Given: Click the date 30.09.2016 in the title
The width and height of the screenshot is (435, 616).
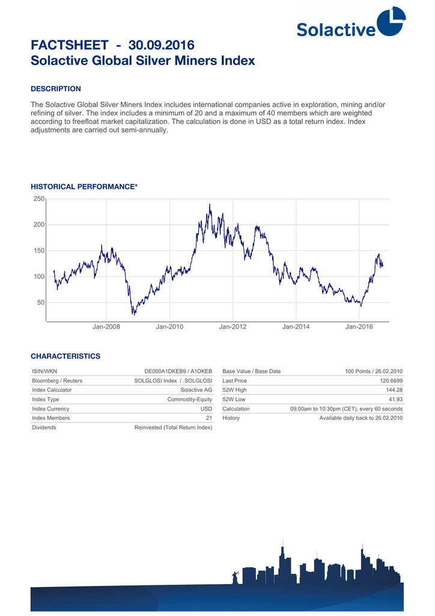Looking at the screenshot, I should coord(162,45).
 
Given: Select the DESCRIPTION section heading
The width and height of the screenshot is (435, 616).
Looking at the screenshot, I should coord(56,89).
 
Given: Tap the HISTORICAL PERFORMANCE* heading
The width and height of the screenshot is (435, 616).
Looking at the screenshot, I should coord(84,187).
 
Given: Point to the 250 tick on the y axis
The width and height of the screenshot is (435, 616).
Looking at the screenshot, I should coord(38,199).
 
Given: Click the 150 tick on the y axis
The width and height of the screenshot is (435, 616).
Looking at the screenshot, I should coord(38,250).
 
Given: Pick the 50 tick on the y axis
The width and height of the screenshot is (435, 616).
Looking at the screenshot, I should coord(40,303).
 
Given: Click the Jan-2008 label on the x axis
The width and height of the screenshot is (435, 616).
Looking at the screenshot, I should coord(106,327).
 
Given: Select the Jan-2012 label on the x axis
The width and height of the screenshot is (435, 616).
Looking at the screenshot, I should coord(233,327).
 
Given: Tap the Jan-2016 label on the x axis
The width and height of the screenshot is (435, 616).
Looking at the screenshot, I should coord(359,327).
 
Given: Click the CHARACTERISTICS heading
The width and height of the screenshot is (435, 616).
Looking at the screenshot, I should coord(65,356).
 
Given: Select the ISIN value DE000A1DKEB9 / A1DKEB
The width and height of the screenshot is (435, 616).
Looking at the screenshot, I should coord(178,372).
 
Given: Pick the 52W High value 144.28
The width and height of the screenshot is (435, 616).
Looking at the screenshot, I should coord(394,390).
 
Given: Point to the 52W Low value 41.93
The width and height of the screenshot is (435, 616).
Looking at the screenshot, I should coord(395,399).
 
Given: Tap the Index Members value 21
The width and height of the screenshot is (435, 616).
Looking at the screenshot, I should coord(208,417).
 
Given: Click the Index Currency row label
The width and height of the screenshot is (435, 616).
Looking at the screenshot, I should coord(50,408).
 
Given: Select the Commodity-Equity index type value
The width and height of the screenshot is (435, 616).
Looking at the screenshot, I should coord(189,399).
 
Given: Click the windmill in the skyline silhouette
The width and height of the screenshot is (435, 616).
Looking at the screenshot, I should coord(236,576).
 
